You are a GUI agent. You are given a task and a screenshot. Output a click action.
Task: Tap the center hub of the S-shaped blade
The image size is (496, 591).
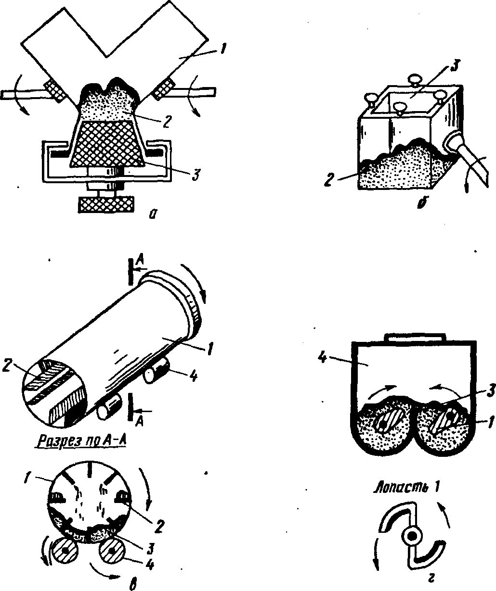(411, 535)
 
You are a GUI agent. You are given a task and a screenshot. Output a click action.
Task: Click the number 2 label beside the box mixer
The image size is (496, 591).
(329, 181)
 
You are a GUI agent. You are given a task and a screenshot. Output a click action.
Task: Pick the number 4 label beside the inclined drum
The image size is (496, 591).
(192, 376)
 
